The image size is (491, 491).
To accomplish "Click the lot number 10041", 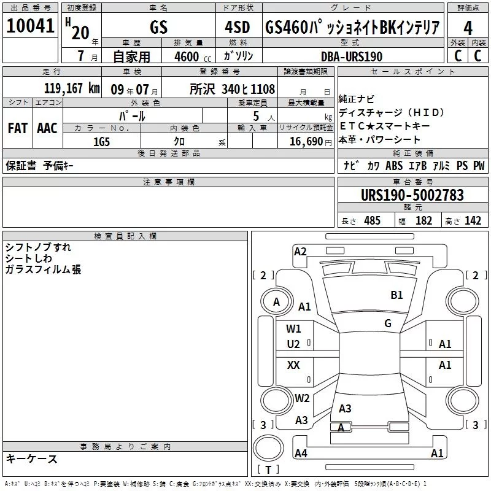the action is (x=30, y=26).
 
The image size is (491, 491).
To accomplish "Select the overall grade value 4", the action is (x=468, y=28).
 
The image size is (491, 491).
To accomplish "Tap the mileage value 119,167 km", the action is (x=72, y=88).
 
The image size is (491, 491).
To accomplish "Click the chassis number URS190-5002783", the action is (x=412, y=195).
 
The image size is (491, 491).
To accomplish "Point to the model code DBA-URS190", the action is (x=352, y=56).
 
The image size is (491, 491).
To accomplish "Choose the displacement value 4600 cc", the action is (x=193, y=56).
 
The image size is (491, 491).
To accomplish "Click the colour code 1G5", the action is (x=101, y=142).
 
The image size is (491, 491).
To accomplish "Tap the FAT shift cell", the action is (x=18, y=128).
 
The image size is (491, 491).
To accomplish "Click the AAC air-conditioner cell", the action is (x=47, y=128).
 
